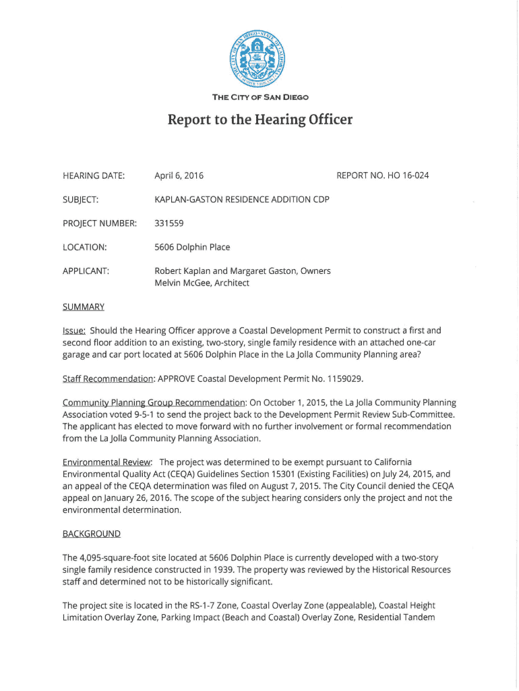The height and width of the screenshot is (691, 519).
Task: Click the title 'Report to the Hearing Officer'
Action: point(260,120)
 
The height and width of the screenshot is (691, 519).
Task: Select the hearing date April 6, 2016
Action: point(179,176)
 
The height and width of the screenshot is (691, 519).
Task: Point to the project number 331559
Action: point(169,223)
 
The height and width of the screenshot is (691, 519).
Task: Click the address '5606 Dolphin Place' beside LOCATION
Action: point(192,247)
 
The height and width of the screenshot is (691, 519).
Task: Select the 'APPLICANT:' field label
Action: point(86,271)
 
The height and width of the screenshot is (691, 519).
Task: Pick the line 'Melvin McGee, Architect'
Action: point(202,283)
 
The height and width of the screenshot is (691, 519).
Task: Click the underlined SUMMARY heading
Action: point(83,307)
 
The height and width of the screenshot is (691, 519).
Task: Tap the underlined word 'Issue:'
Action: point(74,331)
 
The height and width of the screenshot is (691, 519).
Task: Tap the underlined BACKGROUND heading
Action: point(91,534)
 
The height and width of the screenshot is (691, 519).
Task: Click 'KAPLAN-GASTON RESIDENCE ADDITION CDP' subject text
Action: point(242,199)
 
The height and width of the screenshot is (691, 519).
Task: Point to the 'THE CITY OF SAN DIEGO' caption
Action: point(260,97)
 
